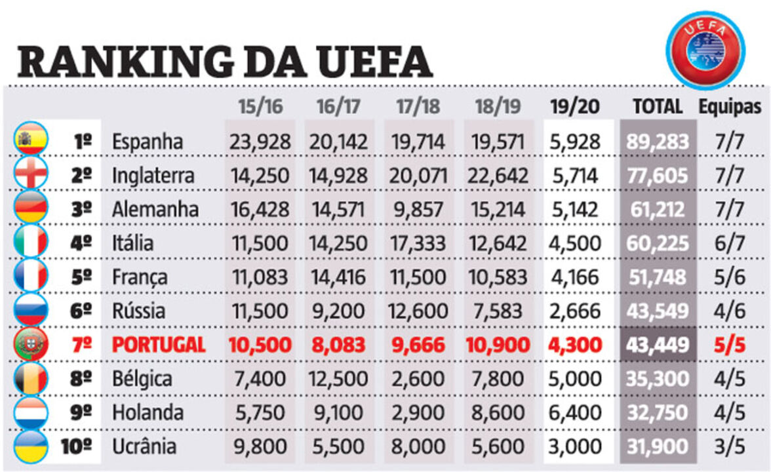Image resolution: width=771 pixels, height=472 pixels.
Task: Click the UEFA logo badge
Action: coord(705,50)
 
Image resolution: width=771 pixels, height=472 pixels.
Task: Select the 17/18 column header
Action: coord(418,107)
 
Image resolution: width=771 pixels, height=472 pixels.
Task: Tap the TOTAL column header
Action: coord(658,107)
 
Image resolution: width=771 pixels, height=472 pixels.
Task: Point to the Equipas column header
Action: coord(730,107)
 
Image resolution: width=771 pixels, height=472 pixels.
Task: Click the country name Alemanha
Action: coord(155,209)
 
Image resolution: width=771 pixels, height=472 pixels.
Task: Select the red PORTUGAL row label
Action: coord(158,345)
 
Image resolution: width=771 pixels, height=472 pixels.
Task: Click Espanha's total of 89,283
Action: coord(658,141)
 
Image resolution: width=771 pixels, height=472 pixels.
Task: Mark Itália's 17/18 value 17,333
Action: coord(418,243)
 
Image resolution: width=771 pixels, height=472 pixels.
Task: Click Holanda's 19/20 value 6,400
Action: coord(575,413)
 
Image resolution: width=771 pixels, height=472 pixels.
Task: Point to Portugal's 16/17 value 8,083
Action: coord(339,345)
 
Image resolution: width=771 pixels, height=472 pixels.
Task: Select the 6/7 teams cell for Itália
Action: coord(730,243)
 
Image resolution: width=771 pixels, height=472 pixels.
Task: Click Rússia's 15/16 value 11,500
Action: coord(259,311)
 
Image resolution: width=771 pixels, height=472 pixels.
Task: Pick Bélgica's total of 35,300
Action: coord(658,379)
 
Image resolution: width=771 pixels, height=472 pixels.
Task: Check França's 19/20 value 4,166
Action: coord(575,277)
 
